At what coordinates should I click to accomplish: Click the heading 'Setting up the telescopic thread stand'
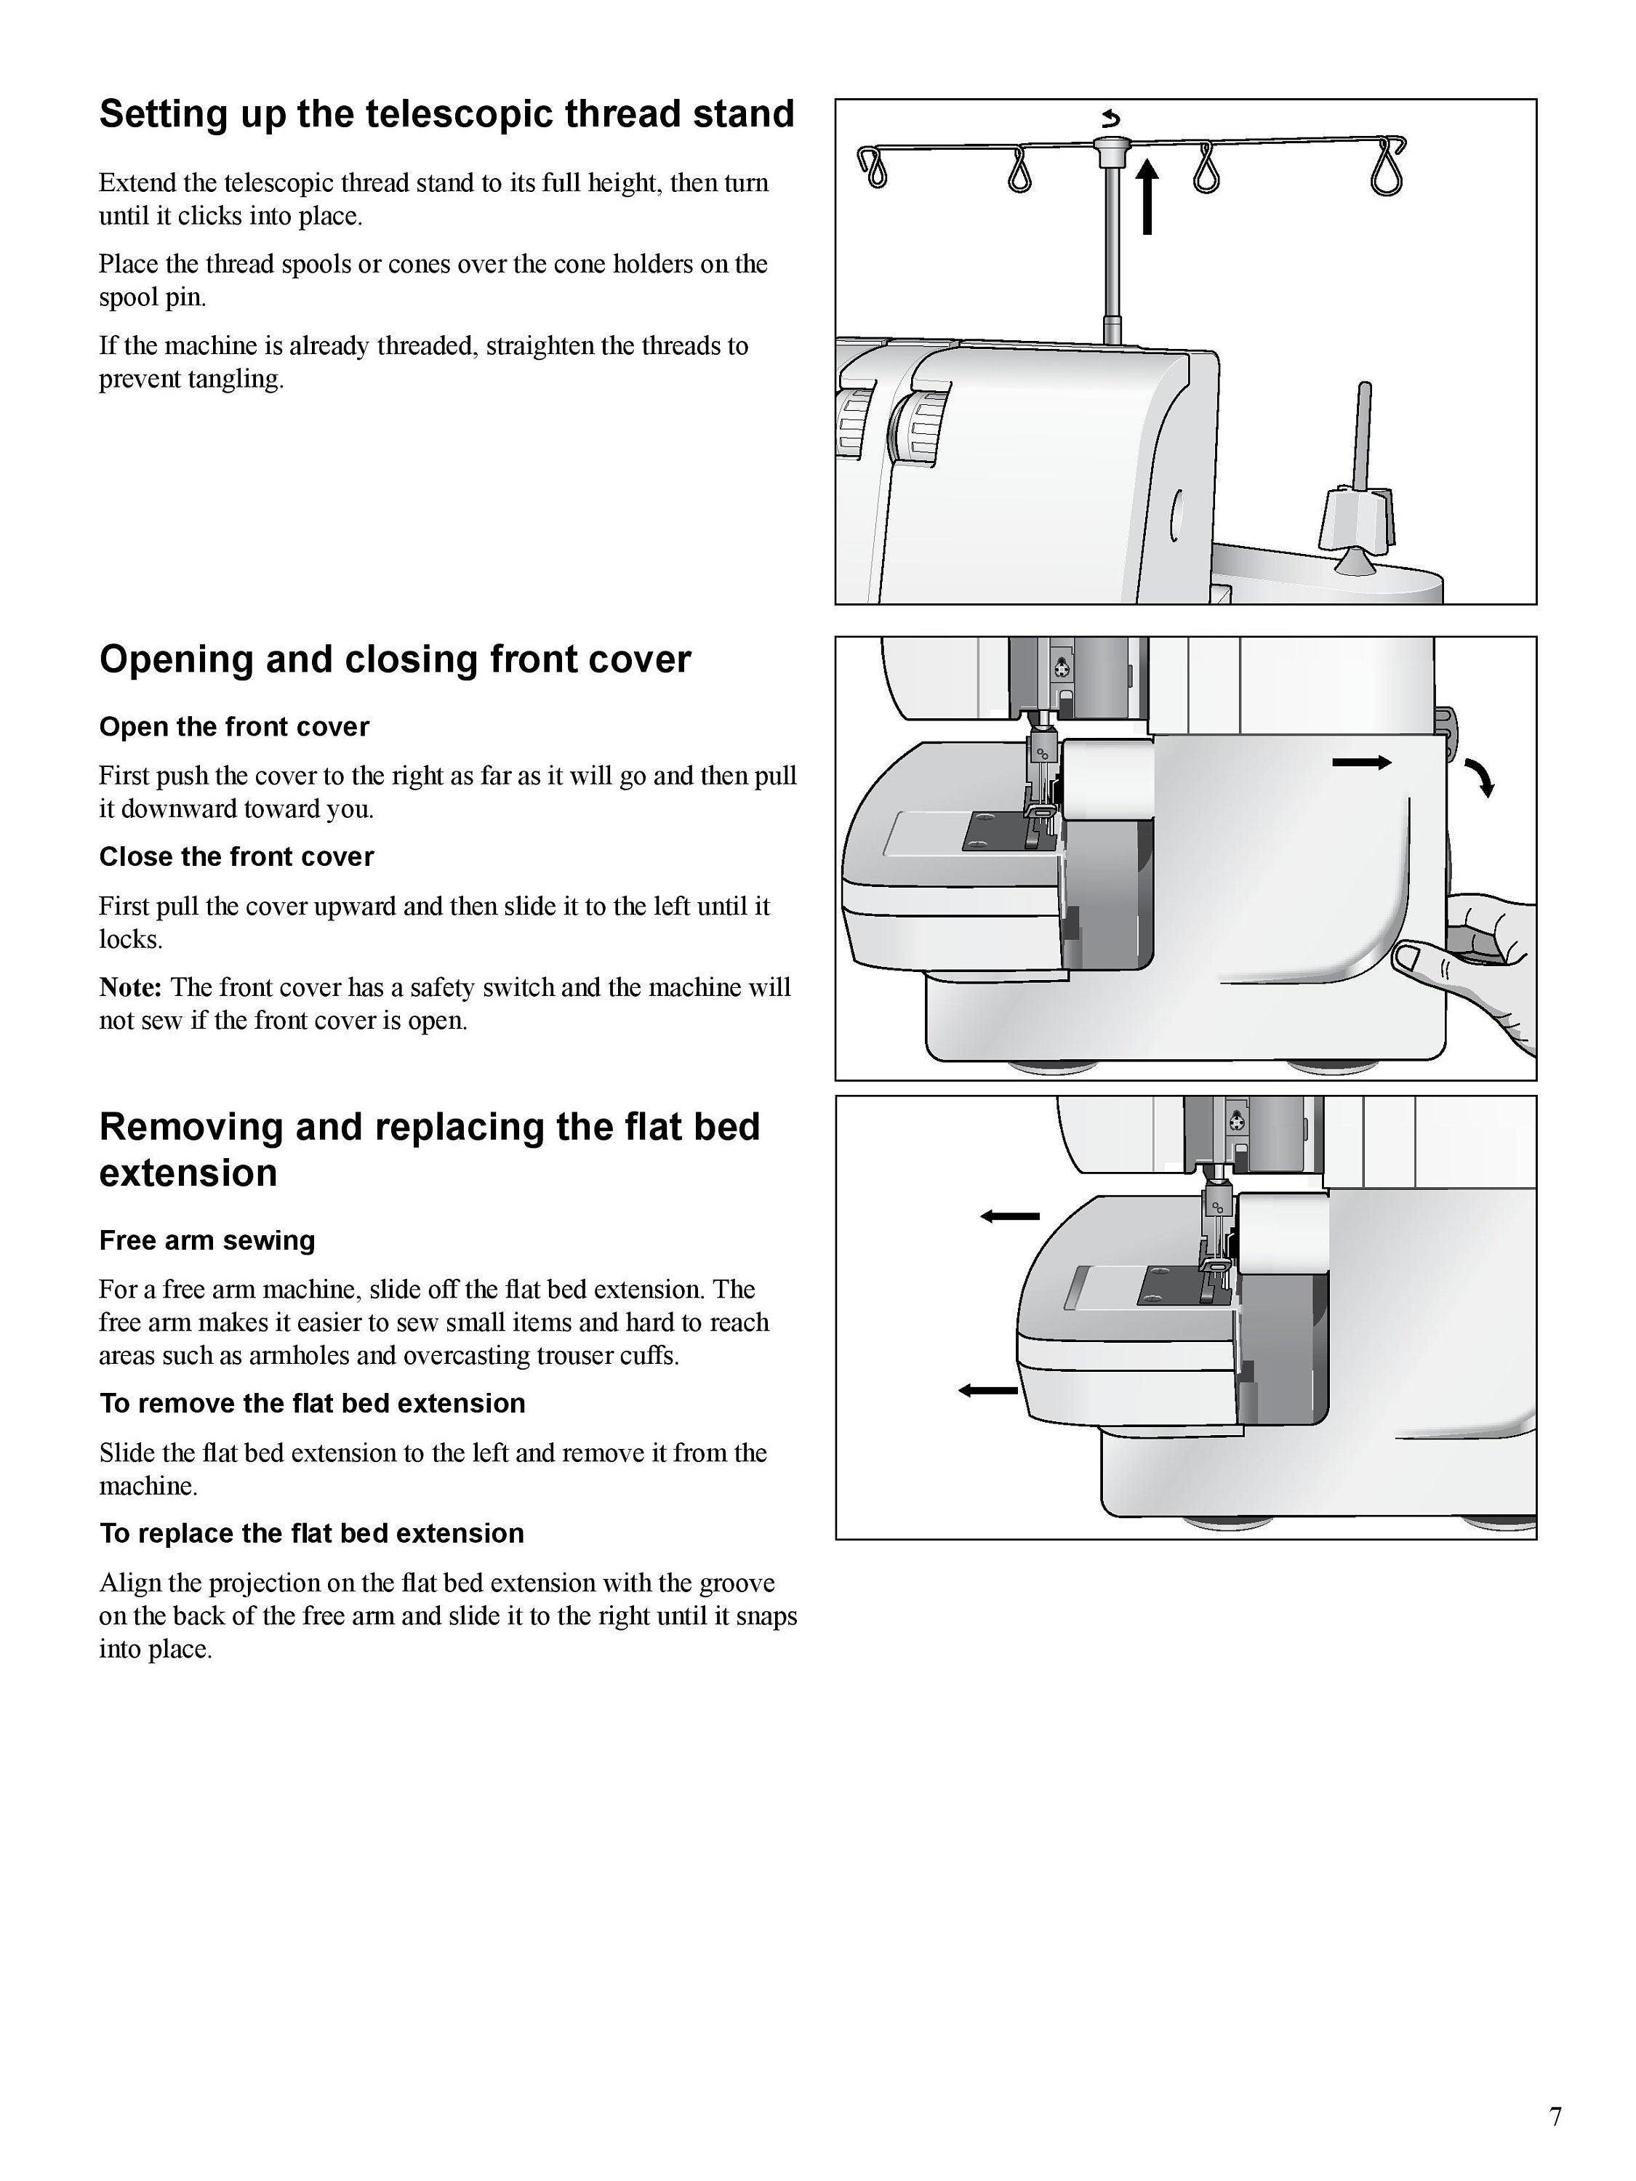coord(446,114)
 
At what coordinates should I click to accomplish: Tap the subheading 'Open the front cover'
coord(233,727)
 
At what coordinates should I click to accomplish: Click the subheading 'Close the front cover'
coord(236,857)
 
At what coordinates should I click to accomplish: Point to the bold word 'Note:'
coord(130,987)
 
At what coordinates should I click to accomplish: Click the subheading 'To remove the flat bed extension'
coord(313,1403)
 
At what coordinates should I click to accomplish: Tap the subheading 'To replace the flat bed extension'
coord(312,1533)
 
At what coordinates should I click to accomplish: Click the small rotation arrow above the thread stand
coord(1111,120)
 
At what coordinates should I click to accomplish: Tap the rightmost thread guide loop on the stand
coord(1387,166)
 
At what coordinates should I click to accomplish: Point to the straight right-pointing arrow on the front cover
coord(1362,762)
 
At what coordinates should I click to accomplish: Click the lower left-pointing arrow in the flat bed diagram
coord(988,1390)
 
